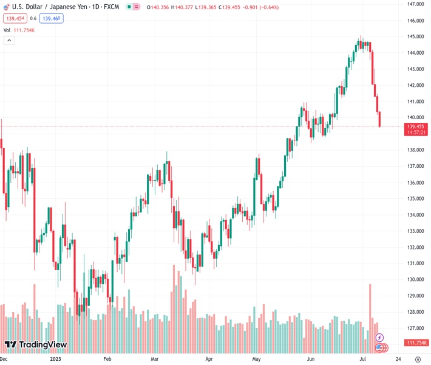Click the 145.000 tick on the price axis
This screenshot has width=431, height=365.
pos(415,36)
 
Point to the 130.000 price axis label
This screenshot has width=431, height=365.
pos(415,280)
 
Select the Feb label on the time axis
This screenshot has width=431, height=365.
pos(108,359)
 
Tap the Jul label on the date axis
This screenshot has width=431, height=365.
pos(363,359)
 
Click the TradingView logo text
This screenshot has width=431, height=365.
pos(42,345)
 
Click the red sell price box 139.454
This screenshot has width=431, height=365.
pos(15,18)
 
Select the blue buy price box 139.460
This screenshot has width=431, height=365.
pos(52,18)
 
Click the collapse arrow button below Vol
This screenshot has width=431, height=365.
pos(9,40)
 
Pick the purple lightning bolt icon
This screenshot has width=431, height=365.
pos(380,338)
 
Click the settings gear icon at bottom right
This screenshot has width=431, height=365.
pos(418,359)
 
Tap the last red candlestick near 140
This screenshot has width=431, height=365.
pos(380,119)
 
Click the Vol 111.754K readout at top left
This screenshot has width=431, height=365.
pos(19,30)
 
